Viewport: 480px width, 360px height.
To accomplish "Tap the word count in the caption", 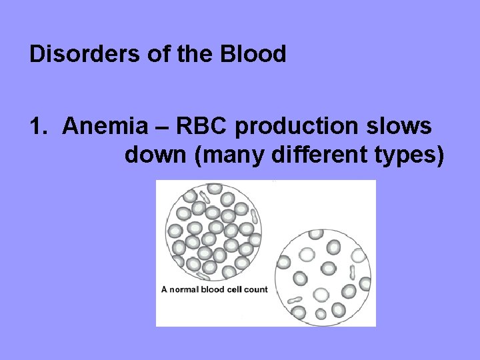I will click(x=255, y=289).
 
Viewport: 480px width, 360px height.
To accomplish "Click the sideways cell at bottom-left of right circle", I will click(x=295, y=301).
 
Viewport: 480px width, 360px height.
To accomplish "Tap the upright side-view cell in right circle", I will click(x=351, y=271).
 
